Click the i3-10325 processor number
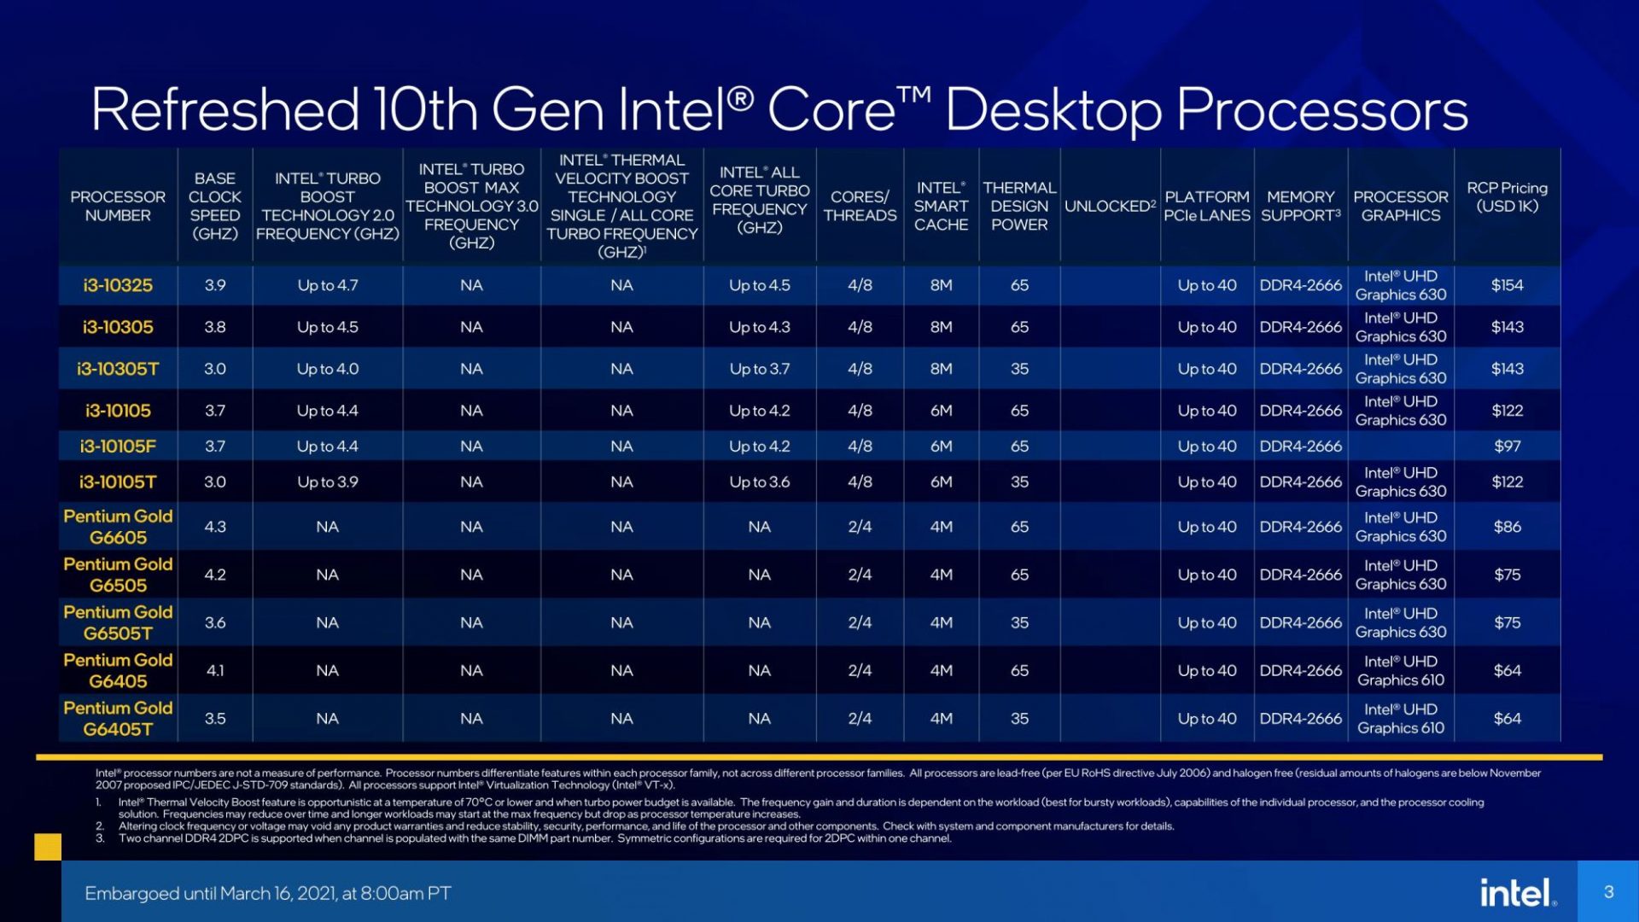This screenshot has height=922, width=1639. [118, 285]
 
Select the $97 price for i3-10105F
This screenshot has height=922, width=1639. [1507, 446]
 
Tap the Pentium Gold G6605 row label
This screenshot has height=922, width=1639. [118, 527]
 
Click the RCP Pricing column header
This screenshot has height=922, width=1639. [1507, 197]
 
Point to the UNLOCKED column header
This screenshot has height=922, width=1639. [1109, 206]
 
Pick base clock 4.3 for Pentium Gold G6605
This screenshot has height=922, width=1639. [215, 527]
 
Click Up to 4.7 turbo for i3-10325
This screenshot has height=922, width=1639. [327, 285]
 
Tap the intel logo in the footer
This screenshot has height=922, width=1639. [1517, 893]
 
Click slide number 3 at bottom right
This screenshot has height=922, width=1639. [1608, 892]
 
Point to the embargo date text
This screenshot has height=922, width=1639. [267, 893]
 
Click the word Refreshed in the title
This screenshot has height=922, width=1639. [224, 109]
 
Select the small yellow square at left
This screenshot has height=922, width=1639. [48, 847]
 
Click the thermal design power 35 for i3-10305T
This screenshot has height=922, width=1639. [1019, 369]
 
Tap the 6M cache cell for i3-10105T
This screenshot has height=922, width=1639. [941, 481]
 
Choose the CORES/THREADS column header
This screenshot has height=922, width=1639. [860, 206]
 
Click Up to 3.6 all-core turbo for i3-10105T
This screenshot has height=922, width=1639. [759, 481]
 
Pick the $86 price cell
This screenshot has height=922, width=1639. [1507, 527]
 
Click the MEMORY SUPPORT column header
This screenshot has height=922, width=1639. [1300, 206]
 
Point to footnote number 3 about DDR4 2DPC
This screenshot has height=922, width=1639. [534, 838]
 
